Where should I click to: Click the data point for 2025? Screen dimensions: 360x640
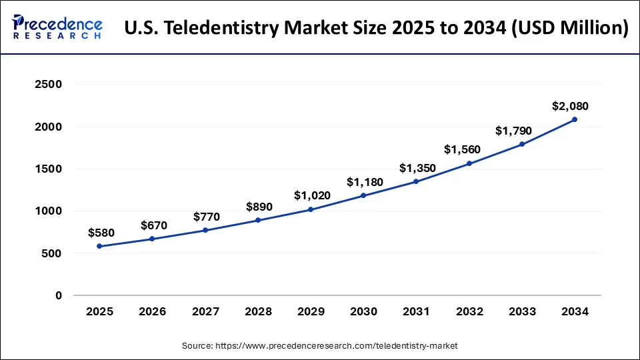(99, 246)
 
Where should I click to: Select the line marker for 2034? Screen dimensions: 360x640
(574, 120)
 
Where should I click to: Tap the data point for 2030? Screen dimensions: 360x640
(363, 195)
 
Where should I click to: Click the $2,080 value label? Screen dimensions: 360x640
(570, 106)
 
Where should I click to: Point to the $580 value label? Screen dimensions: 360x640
(101, 233)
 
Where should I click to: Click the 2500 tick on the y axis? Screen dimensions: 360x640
(49, 85)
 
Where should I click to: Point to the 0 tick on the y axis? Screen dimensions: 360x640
(59, 295)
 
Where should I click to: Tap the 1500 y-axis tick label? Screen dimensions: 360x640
(49, 169)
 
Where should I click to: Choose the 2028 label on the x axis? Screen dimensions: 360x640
(258, 311)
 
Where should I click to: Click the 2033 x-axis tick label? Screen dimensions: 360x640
(521, 311)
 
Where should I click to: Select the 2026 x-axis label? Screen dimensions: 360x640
(152, 311)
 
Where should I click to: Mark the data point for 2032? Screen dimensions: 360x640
(469, 163)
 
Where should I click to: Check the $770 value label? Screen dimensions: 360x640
(207, 217)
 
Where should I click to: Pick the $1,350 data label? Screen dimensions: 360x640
(417, 168)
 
